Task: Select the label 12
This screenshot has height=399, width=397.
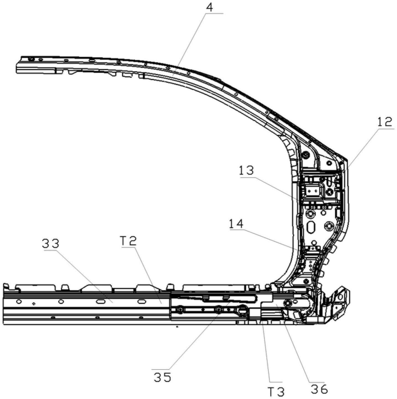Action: pyautogui.click(x=384, y=122)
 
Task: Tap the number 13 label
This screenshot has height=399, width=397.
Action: pyautogui.click(x=246, y=171)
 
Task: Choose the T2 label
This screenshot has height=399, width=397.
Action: pyautogui.click(x=128, y=241)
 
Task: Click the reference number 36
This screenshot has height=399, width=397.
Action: pyautogui.click(x=319, y=389)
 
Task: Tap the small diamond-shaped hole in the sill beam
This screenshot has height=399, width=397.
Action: pyautogui.click(x=34, y=304)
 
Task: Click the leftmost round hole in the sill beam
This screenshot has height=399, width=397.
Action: pyautogui.click(x=19, y=301)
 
